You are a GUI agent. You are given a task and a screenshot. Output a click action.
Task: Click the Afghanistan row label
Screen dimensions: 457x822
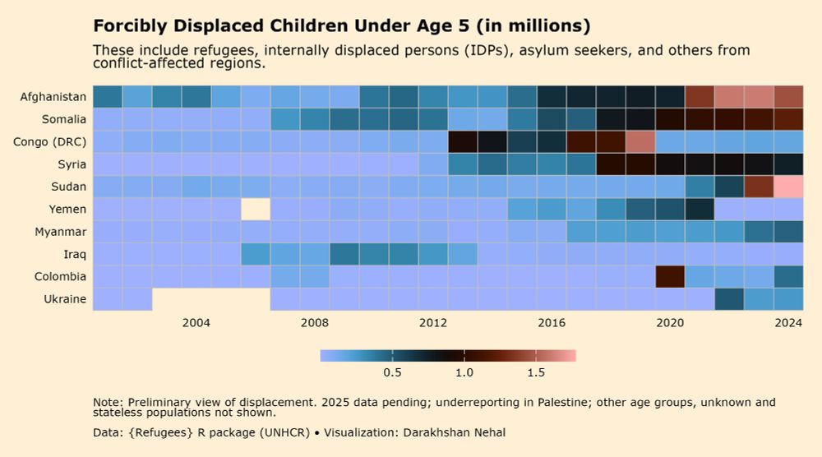(53, 97)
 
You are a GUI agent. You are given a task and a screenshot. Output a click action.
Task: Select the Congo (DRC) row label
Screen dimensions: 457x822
(50, 142)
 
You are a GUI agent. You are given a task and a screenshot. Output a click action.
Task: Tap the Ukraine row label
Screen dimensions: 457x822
(65, 299)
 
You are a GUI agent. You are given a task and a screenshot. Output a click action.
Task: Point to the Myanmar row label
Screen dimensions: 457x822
(61, 232)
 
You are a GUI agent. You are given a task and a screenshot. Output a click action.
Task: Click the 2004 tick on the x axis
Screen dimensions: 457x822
(196, 323)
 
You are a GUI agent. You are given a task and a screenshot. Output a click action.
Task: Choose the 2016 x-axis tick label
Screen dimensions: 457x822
(552, 323)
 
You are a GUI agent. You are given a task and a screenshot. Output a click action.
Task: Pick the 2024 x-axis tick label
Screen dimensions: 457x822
(788, 323)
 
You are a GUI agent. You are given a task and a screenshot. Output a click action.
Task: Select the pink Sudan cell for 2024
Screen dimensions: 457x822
(788, 187)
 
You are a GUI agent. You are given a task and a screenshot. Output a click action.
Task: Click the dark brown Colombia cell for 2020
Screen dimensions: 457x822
(670, 276)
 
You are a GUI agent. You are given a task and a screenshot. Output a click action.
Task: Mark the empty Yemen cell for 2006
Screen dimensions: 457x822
(256, 210)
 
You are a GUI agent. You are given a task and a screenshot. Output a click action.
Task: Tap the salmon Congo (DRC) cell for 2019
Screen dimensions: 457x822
(640, 142)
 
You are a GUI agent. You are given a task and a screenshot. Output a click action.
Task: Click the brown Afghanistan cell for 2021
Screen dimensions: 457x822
(700, 97)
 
